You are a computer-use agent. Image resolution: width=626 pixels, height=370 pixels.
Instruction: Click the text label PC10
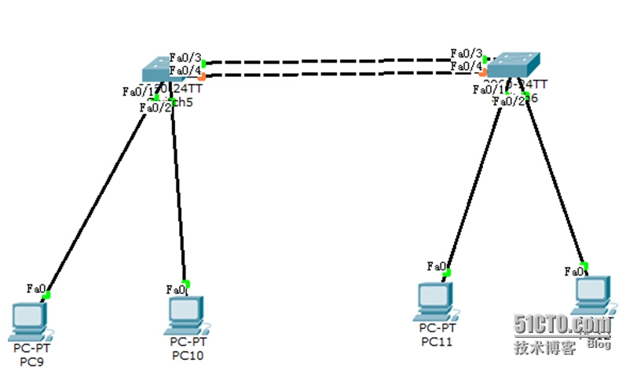(187, 355)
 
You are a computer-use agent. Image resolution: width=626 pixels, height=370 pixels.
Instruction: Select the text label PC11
(437, 341)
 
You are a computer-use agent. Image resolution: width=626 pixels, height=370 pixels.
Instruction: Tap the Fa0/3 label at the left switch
(185, 58)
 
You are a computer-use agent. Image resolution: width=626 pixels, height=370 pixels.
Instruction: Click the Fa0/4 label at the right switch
(466, 66)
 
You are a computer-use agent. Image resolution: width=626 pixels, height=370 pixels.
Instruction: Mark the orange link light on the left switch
(203, 76)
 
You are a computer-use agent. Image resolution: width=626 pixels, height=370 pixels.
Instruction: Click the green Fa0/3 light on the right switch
(486, 58)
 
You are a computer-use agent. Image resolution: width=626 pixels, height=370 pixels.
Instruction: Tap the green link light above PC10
(185, 284)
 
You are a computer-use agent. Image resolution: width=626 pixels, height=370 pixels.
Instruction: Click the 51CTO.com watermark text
(562, 324)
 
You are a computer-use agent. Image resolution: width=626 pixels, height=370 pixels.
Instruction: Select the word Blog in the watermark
(599, 344)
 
